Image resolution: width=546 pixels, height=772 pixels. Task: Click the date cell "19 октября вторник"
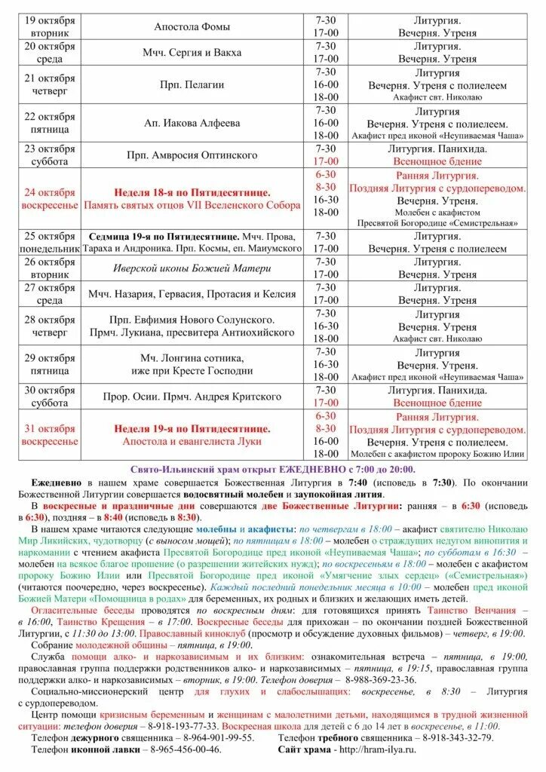(x=50, y=26)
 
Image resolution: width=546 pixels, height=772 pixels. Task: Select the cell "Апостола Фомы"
(x=192, y=26)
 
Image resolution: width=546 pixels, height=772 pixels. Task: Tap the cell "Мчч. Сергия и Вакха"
(x=192, y=53)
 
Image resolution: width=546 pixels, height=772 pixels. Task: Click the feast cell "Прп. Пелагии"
(x=192, y=85)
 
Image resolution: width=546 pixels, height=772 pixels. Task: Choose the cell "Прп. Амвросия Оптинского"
(x=192, y=155)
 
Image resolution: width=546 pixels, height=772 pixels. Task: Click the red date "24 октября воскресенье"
(x=50, y=198)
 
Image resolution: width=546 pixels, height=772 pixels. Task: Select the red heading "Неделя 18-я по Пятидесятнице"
(x=192, y=192)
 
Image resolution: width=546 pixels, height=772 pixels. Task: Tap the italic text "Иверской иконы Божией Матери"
(x=192, y=268)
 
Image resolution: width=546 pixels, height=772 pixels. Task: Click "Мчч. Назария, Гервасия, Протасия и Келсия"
(x=192, y=294)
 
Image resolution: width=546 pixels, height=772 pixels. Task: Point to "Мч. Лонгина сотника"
(x=192, y=358)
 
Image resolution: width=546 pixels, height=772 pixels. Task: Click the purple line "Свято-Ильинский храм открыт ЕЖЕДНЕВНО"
(x=272, y=468)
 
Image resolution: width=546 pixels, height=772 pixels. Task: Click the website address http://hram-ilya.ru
(x=376, y=749)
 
